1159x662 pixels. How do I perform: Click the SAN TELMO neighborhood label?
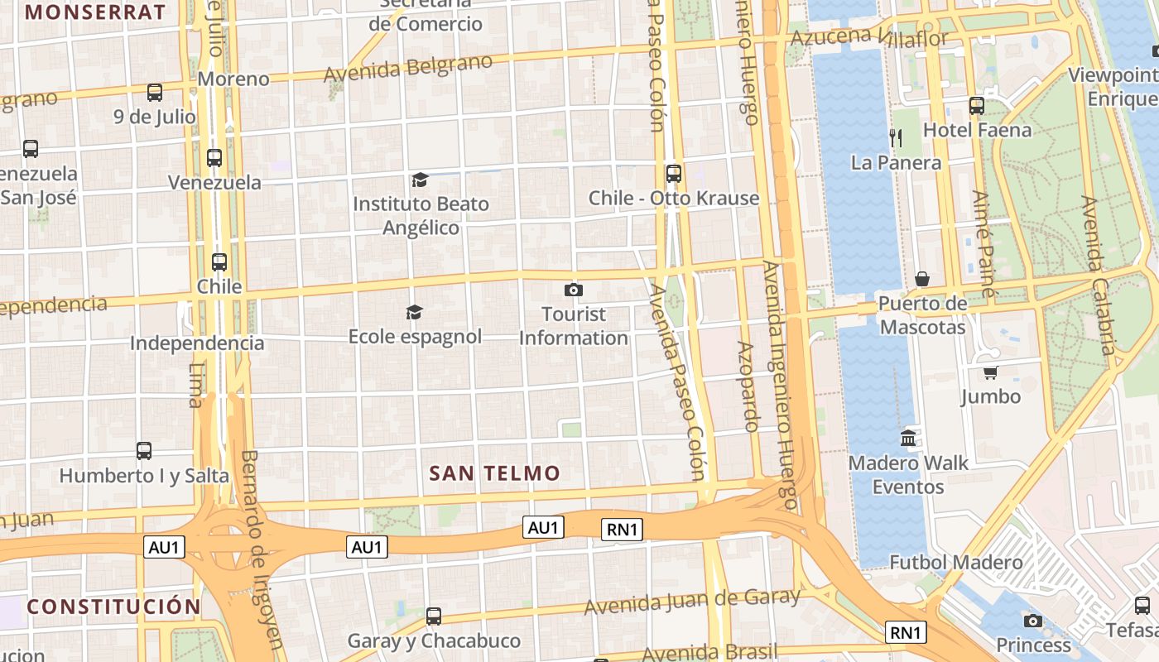(x=494, y=473)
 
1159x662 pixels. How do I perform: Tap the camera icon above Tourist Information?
(x=573, y=290)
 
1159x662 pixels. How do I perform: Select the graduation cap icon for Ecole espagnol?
(x=414, y=312)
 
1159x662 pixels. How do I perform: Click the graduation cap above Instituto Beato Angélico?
(x=421, y=180)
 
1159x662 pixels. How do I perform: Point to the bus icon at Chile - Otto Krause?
(x=674, y=174)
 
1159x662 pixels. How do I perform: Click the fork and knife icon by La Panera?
(x=895, y=137)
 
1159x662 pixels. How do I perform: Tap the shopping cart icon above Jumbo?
(x=990, y=372)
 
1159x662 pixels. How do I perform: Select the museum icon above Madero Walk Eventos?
(x=908, y=438)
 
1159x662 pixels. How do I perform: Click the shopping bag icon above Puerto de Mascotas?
(x=922, y=279)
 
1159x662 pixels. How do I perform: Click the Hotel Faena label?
(x=977, y=130)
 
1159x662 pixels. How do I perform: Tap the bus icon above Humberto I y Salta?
(x=144, y=451)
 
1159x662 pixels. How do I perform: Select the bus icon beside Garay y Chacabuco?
(x=434, y=616)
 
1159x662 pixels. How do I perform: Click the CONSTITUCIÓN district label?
(x=113, y=607)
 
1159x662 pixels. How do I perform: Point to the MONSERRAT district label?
(x=96, y=12)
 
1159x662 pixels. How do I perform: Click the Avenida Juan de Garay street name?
(x=692, y=602)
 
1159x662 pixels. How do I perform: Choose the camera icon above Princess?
(x=1032, y=621)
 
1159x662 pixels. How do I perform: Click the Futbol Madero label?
(x=955, y=563)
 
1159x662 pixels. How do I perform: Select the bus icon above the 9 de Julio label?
(x=155, y=93)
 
